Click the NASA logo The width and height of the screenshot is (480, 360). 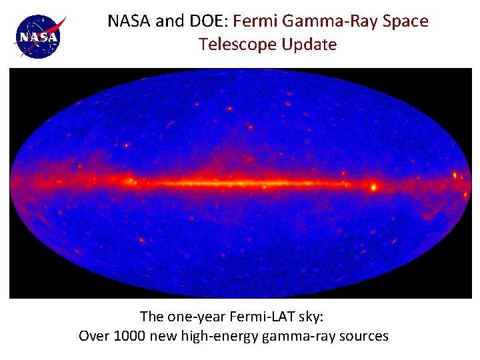[x=39, y=35]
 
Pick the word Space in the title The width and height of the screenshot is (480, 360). [x=407, y=21]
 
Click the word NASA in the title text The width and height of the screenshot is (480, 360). [x=129, y=21]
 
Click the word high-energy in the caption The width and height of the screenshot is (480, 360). [x=216, y=336]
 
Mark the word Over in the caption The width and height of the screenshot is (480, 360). [x=94, y=336]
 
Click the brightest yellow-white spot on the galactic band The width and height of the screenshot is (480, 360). [x=373, y=187]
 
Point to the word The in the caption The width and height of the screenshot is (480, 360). [x=152, y=316]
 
